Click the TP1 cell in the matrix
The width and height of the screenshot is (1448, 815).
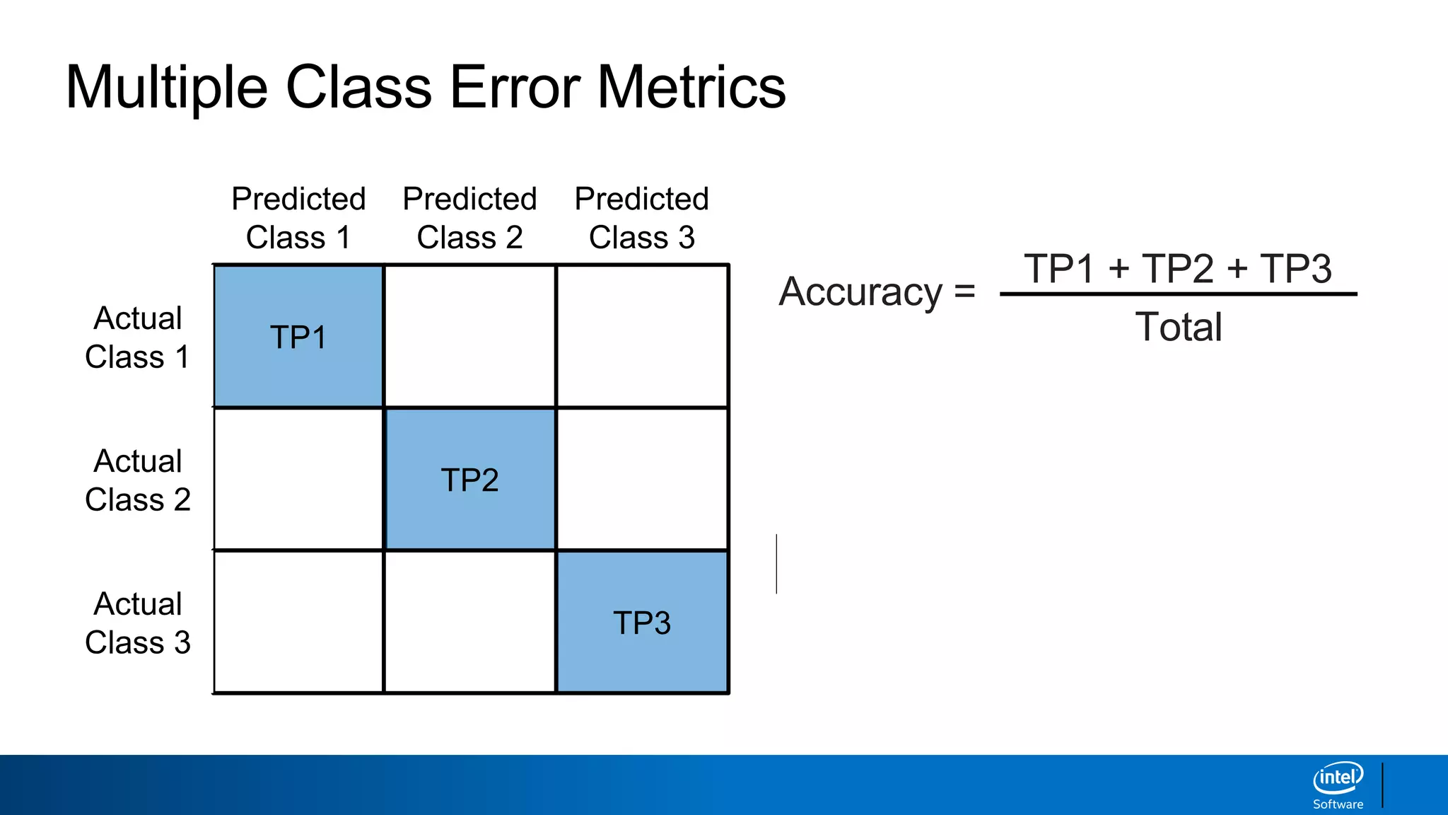(x=298, y=337)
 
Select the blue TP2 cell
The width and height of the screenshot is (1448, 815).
(x=470, y=480)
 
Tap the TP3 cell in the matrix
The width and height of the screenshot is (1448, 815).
(x=642, y=623)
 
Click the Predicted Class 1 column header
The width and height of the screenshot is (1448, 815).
(x=298, y=218)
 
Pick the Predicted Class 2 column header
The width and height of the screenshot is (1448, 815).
(x=470, y=218)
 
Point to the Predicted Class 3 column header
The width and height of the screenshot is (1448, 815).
(x=642, y=218)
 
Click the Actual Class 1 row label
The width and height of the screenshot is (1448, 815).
(x=138, y=337)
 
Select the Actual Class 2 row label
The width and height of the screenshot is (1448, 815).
(x=138, y=480)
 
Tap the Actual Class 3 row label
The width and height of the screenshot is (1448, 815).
(x=138, y=623)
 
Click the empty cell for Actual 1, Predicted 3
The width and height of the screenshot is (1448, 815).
(x=642, y=337)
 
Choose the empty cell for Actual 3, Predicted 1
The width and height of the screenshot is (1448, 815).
(x=298, y=623)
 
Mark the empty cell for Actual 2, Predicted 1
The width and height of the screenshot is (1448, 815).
(x=298, y=480)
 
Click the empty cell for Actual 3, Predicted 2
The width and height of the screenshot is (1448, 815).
(x=470, y=623)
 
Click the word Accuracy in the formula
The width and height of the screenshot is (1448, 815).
(x=860, y=292)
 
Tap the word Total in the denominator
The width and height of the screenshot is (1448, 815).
(x=1179, y=327)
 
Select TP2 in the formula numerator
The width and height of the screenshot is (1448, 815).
(x=1178, y=269)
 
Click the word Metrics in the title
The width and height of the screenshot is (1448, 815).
(x=691, y=87)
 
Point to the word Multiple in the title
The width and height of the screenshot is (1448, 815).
(x=167, y=87)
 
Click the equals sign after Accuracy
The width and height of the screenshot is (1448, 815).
(x=964, y=291)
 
